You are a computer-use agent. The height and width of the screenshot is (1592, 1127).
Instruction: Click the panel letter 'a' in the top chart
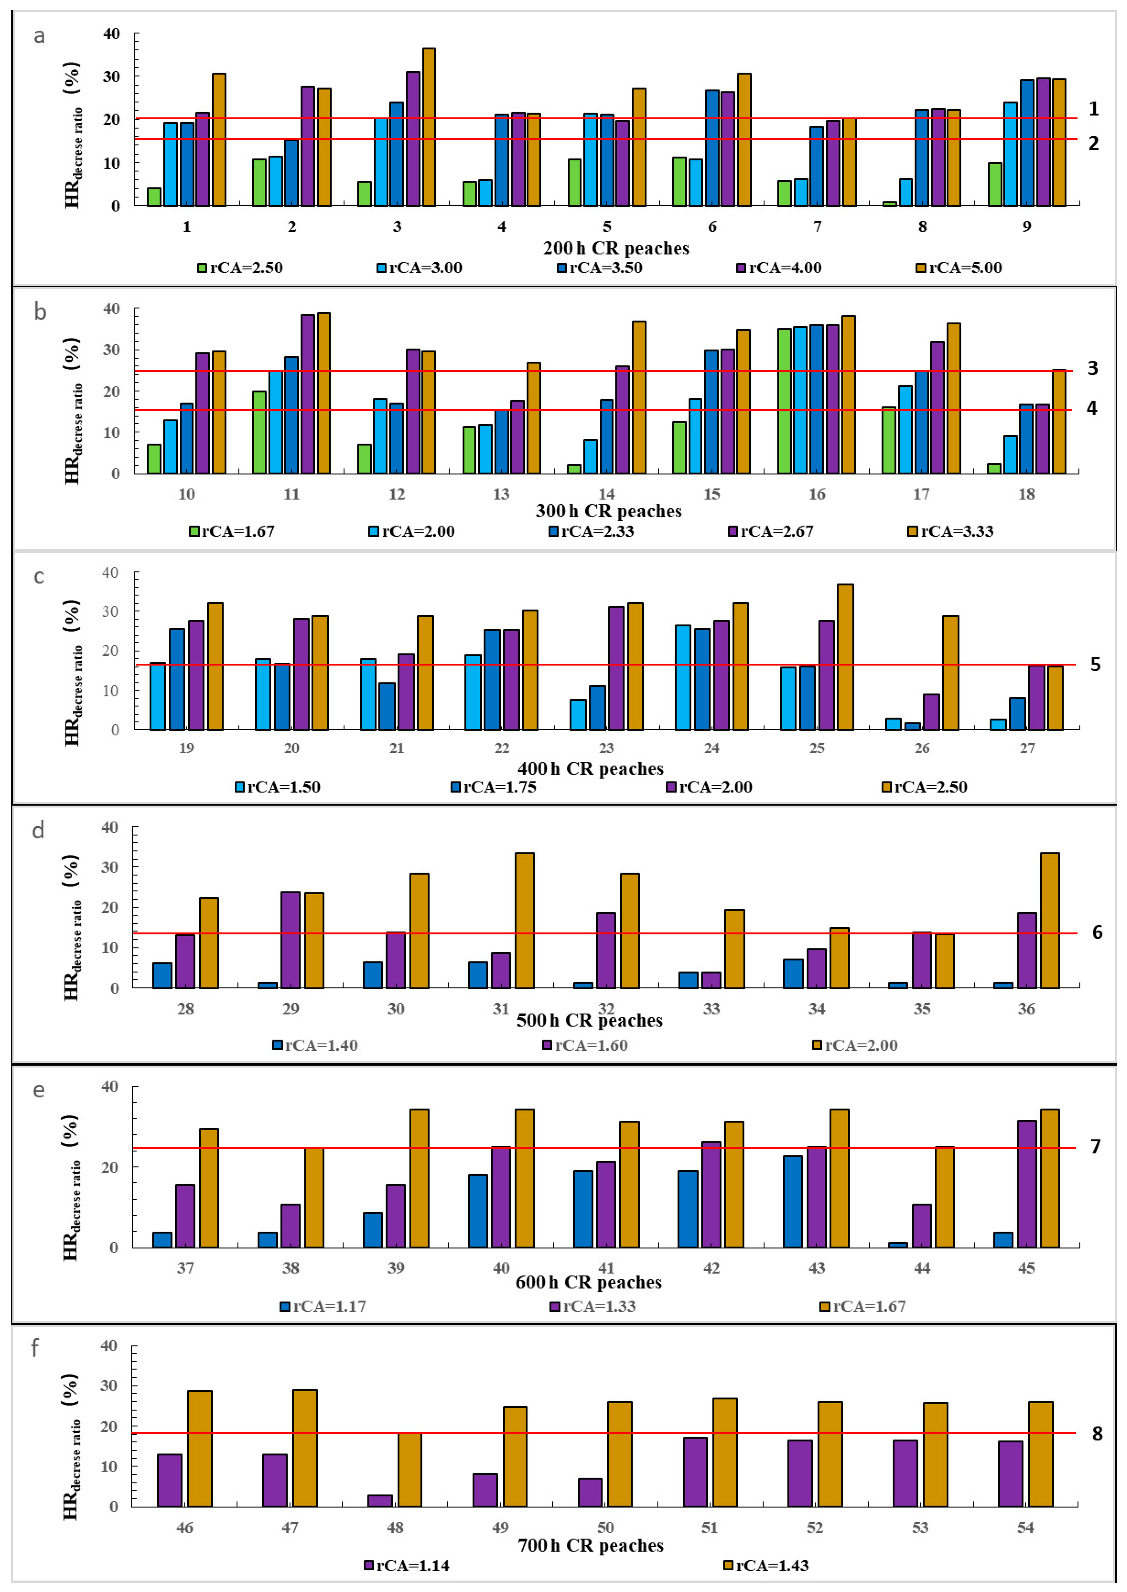[40, 36]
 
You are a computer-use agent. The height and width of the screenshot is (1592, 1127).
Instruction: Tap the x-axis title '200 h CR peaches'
[616, 248]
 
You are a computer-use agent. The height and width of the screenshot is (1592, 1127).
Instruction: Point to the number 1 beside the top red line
[1094, 109]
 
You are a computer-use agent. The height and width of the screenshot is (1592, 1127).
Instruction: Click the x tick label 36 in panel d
[1026, 1009]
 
